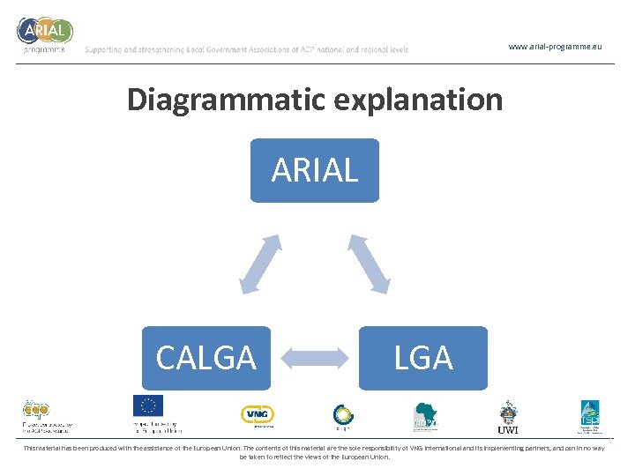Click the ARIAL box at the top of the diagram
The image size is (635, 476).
click(315, 170)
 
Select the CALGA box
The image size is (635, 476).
click(205, 358)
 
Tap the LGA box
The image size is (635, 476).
click(423, 358)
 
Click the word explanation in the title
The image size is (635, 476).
click(419, 100)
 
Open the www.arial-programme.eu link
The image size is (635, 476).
click(556, 46)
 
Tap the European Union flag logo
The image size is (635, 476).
click(148, 405)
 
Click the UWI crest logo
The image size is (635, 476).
click(508, 415)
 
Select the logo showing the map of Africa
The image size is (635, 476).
click(427, 415)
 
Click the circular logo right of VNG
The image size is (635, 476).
click(343, 414)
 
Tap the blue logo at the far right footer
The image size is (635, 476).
click(589, 415)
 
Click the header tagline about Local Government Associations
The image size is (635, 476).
click(247, 50)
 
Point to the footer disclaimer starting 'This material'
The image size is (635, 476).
click(315, 452)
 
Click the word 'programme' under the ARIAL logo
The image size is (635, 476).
click(43, 50)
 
